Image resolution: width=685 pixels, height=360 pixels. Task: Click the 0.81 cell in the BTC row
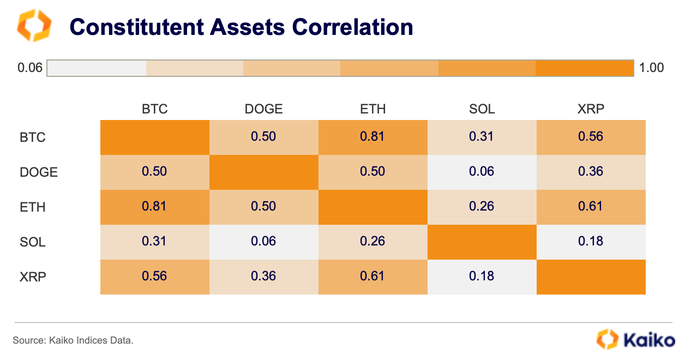tap(372, 136)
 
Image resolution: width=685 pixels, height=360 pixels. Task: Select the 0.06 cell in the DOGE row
tap(482, 171)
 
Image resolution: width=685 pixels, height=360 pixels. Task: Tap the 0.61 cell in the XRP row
tap(372, 276)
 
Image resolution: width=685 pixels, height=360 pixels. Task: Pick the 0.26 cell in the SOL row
tap(372, 241)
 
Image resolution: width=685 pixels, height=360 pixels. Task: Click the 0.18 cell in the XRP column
tap(591, 241)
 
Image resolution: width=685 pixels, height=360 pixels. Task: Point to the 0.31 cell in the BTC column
tap(154, 241)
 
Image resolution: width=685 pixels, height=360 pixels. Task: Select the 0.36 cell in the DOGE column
tap(263, 276)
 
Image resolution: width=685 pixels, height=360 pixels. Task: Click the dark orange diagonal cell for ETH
tap(372, 206)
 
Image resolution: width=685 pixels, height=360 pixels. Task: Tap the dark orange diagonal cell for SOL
tap(482, 241)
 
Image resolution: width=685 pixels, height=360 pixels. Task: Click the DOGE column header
tap(263, 109)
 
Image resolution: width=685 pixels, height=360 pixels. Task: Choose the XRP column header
tap(591, 109)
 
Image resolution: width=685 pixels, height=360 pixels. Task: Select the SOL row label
tap(32, 242)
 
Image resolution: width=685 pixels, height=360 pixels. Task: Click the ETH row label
tap(32, 207)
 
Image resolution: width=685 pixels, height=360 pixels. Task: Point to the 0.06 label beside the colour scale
tap(29, 68)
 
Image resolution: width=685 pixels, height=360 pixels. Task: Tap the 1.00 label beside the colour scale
tap(651, 68)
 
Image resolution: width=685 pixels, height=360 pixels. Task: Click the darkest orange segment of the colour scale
tap(585, 68)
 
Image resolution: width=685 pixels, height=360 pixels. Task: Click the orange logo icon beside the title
tap(34, 25)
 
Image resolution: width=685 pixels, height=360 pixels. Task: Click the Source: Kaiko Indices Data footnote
tap(73, 340)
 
